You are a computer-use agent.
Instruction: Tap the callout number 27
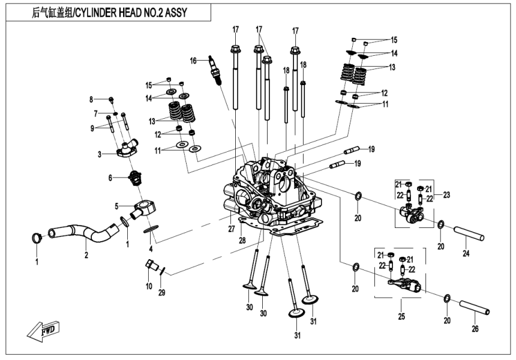[230, 229]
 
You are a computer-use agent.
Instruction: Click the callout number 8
[92, 99]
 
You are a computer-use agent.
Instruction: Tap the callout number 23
[445, 194]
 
